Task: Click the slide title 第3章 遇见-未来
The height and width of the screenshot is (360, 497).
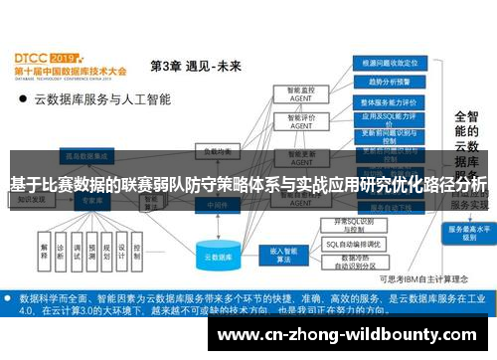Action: click(195, 66)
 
